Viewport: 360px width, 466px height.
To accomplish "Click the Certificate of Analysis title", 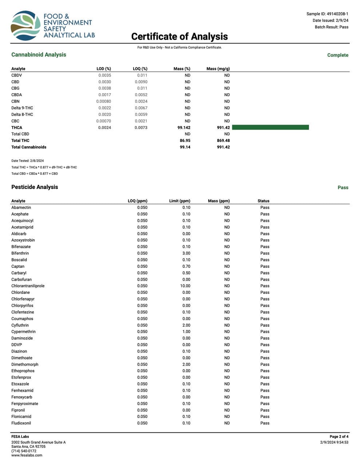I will tap(179, 36).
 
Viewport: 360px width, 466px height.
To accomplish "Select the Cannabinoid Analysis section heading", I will tap(39, 55).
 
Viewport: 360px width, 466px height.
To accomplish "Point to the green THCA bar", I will tap(270, 127).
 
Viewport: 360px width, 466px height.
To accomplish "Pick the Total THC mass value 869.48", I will tap(223, 141).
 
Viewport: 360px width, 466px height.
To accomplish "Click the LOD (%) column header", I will tap(104, 69).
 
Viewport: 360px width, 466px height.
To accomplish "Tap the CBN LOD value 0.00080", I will tap(104, 102).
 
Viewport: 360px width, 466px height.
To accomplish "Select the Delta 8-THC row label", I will tap(22, 114).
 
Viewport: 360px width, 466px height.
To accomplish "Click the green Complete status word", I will tap(337, 55).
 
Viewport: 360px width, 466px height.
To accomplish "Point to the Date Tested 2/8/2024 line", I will tap(27, 161).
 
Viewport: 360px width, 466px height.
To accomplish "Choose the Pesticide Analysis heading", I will tap(35, 187).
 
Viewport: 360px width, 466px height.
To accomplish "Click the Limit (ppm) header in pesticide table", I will tap(179, 201).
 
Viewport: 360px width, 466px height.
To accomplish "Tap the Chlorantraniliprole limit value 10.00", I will tap(185, 286).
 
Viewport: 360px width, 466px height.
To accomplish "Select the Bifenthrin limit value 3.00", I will tap(186, 253).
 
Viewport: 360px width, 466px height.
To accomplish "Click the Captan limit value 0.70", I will tap(186, 266).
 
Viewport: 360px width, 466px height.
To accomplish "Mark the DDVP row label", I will tap(16, 345).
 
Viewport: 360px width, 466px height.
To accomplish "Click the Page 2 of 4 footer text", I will tap(339, 437).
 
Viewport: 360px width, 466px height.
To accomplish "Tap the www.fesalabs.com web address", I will tap(27, 455).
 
